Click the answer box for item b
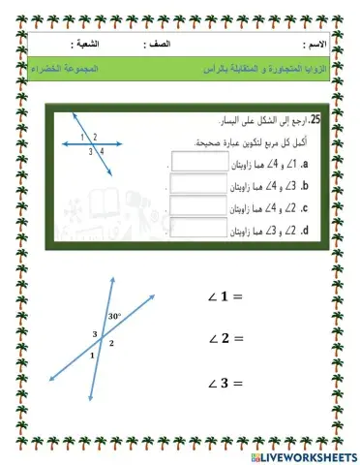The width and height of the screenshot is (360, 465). pyautogui.click(x=192, y=183)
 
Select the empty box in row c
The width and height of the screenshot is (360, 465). pyautogui.click(x=192, y=205)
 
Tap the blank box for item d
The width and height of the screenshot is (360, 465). pyautogui.click(x=192, y=229)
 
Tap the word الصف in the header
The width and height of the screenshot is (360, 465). pyautogui.click(x=160, y=46)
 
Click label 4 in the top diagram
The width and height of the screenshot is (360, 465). pyautogui.click(x=101, y=151)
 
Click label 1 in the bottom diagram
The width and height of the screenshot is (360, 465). pyautogui.click(x=93, y=356)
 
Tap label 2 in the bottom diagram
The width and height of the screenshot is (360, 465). pyautogui.click(x=111, y=343)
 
